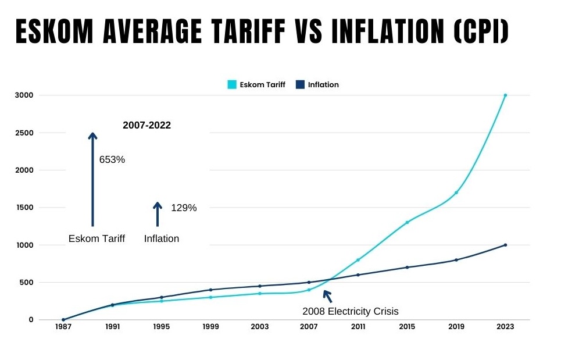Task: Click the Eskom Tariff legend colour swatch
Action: tap(232, 84)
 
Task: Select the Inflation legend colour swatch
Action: tap(300, 84)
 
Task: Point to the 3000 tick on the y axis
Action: tap(24, 95)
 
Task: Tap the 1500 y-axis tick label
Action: tap(24, 208)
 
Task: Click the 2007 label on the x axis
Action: tap(309, 327)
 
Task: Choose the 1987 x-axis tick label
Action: tap(63, 327)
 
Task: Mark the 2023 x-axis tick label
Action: tap(505, 327)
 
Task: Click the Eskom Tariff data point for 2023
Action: tap(505, 95)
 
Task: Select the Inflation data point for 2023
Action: tap(505, 245)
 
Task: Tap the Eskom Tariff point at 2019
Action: tap(456, 193)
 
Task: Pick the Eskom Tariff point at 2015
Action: tap(407, 222)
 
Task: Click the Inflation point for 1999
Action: tap(211, 290)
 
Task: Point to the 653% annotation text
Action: tap(112, 159)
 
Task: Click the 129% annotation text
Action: tap(184, 208)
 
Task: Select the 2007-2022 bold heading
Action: tap(147, 125)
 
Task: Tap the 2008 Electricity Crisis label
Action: tap(351, 311)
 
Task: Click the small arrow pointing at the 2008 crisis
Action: tap(327, 297)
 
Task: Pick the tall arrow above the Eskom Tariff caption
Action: tap(92, 180)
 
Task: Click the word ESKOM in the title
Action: tap(55, 31)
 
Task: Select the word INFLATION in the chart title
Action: tap(388, 31)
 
